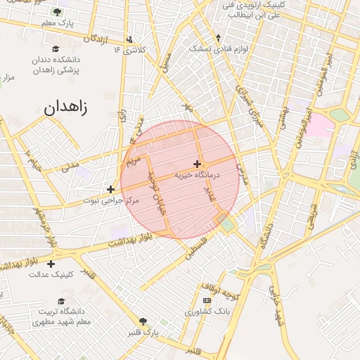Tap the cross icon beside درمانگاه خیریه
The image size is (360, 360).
point(197,164)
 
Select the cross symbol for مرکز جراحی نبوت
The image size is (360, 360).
point(110,189)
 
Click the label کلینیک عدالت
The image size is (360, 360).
point(51,274)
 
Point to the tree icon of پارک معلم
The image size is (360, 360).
point(56,13)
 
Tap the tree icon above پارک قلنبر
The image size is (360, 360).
point(144,320)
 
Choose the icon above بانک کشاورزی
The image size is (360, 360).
point(207,300)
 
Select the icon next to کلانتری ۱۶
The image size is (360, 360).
point(129,39)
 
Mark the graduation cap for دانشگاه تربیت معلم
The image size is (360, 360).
point(56,300)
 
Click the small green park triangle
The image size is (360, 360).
point(228,224)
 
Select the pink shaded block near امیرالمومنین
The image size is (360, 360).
point(319,125)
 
